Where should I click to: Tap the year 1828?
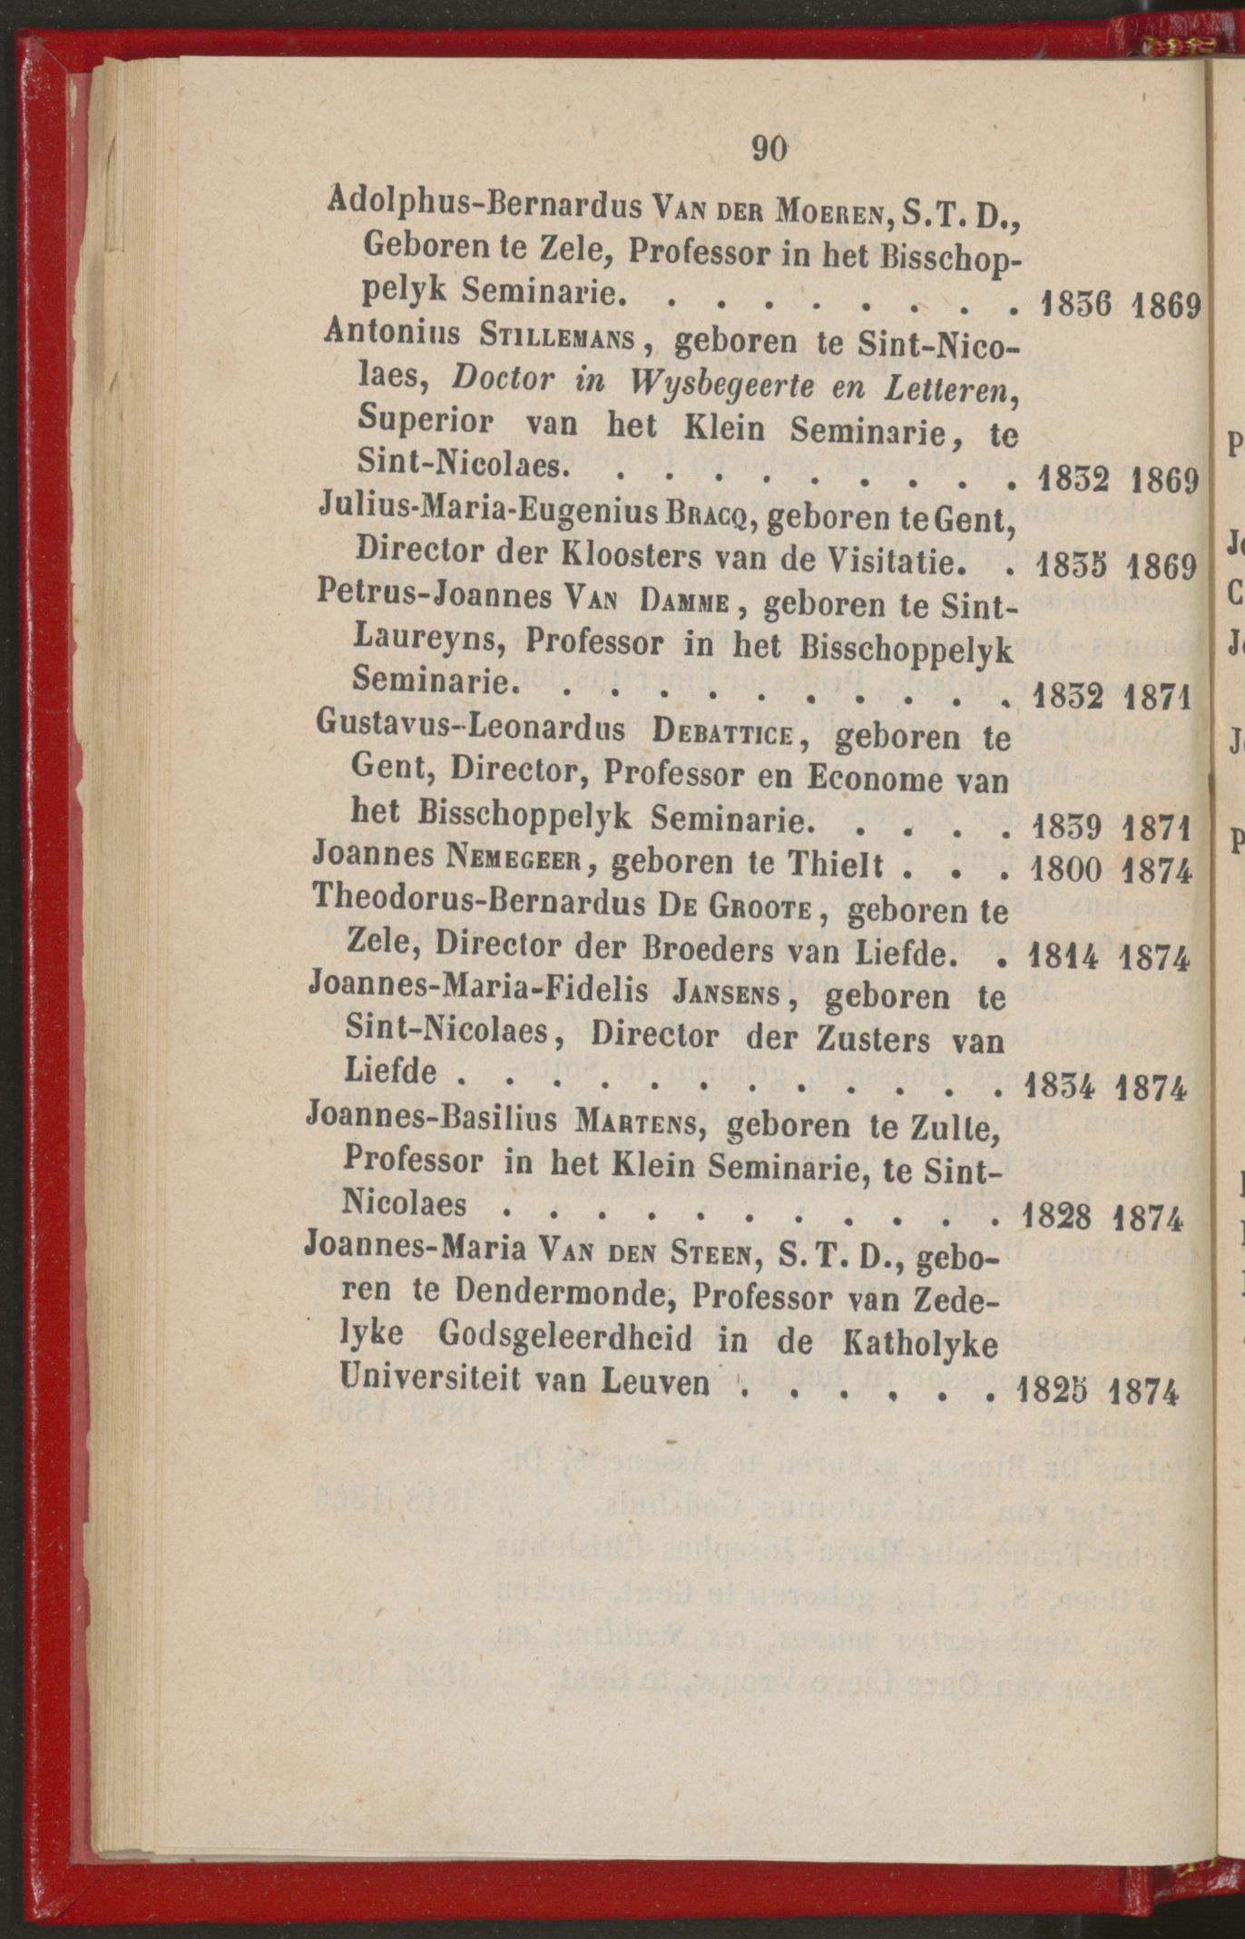click(x=1056, y=1216)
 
